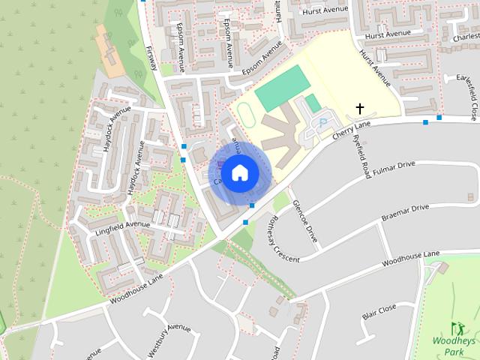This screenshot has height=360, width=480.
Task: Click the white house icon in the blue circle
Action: click(x=240, y=172)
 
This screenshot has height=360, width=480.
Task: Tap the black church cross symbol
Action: click(x=360, y=109)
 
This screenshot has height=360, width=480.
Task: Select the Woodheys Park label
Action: click(x=454, y=346)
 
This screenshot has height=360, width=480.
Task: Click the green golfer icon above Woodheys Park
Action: click(x=457, y=328)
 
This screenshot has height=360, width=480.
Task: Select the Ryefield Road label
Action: click(x=365, y=157)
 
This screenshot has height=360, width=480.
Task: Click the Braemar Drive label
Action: click(x=405, y=211)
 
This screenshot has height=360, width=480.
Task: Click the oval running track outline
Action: click(x=245, y=114)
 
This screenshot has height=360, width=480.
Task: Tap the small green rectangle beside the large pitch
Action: click(x=313, y=103)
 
